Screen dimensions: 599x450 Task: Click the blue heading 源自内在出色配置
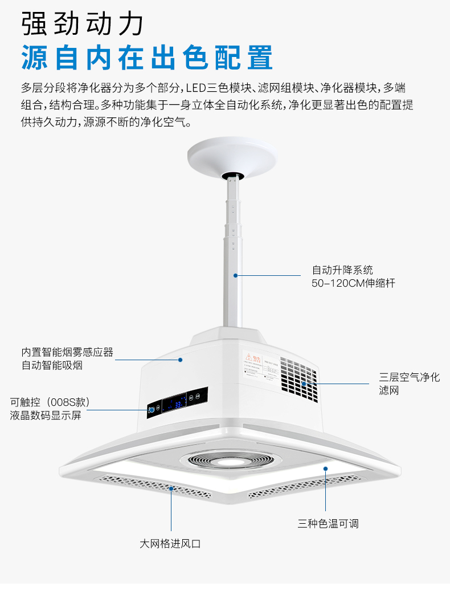(147, 57)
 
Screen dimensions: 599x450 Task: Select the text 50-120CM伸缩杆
(353, 283)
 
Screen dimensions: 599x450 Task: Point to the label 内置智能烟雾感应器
(67, 352)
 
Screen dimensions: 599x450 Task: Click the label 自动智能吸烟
(52, 365)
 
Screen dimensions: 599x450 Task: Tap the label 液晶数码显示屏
(46, 415)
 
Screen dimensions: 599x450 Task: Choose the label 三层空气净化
(410, 377)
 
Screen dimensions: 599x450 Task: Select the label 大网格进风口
(170, 544)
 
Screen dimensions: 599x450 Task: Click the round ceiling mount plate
(232, 155)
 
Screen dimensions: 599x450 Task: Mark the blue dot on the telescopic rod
(234, 275)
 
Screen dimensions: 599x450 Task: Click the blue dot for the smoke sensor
(180, 360)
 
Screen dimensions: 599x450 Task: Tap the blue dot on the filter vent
(304, 384)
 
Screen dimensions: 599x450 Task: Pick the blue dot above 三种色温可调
(326, 468)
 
